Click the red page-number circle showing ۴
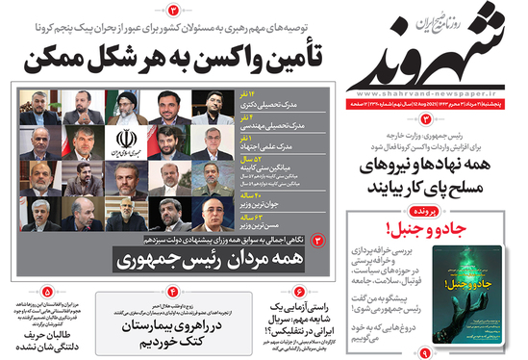[174, 291]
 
